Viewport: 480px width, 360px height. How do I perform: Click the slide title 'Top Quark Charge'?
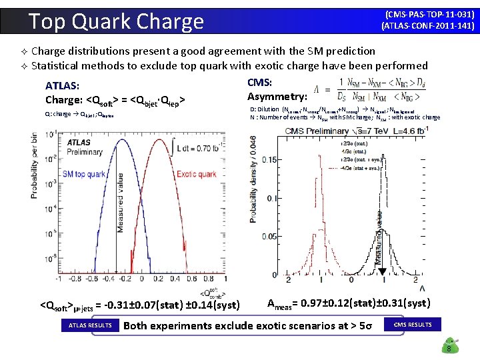pos(117,21)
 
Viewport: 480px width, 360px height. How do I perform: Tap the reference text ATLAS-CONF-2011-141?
pos(427,26)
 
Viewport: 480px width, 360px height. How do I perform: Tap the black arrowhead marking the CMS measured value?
pos(381,271)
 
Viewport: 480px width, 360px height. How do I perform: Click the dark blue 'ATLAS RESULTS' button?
pos(90,325)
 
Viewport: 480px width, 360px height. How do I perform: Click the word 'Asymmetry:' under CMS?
pos(277,97)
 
